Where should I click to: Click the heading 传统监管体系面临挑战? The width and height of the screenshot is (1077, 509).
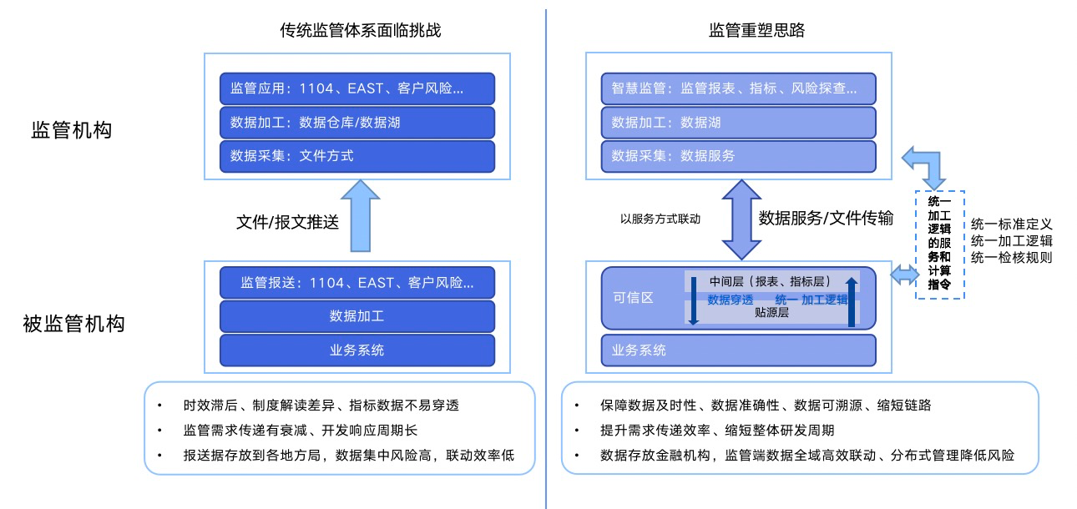pyautogui.click(x=360, y=31)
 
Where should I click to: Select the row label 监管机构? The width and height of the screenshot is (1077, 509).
pyautogui.click(x=71, y=130)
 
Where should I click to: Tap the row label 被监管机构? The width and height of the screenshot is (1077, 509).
pyautogui.click(x=73, y=323)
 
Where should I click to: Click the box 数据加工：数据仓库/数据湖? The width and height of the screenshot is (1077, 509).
pyautogui.click(x=357, y=123)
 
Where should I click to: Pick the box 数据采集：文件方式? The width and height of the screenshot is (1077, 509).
pyautogui.click(x=357, y=156)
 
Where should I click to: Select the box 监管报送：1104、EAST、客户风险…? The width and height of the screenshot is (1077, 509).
pyautogui.click(x=357, y=283)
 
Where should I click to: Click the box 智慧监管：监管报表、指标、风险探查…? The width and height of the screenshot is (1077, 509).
pyautogui.click(x=739, y=88)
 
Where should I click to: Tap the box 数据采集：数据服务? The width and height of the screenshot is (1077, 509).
pyautogui.click(x=739, y=156)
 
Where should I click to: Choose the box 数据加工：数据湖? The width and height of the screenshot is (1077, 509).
pyautogui.click(x=739, y=123)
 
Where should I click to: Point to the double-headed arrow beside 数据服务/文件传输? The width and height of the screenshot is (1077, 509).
pyautogui.click(x=739, y=219)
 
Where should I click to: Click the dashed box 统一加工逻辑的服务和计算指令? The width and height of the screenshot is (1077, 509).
pyautogui.click(x=940, y=244)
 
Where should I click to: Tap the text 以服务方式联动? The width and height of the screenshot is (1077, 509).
pyautogui.click(x=660, y=219)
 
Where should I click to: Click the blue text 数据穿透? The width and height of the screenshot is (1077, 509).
pyautogui.click(x=730, y=300)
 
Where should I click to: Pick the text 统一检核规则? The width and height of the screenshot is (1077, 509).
pyautogui.click(x=1011, y=258)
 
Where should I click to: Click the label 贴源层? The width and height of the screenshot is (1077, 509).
pyautogui.click(x=771, y=313)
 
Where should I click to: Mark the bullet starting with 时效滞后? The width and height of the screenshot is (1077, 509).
pyautogui.click(x=321, y=406)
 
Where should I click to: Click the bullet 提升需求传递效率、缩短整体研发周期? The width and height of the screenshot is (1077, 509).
pyautogui.click(x=716, y=431)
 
